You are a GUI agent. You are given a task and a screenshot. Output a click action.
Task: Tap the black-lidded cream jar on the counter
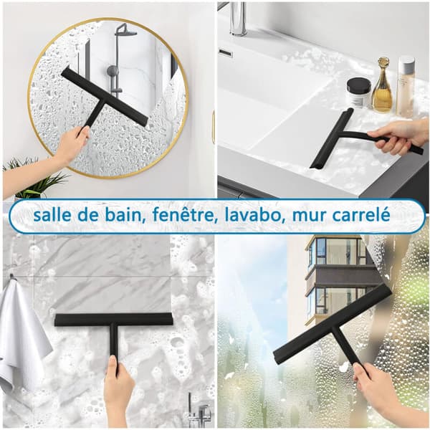[x=359, y=92]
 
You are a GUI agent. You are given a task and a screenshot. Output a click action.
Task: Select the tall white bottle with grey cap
[x=405, y=86]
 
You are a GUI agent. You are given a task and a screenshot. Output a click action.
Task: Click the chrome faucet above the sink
[x=238, y=18]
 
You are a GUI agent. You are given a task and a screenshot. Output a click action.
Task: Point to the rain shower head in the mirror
[x=128, y=29]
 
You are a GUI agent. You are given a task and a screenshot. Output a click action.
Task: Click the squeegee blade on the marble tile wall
[x=113, y=319]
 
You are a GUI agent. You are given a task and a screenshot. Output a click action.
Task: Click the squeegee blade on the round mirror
[x=105, y=97]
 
